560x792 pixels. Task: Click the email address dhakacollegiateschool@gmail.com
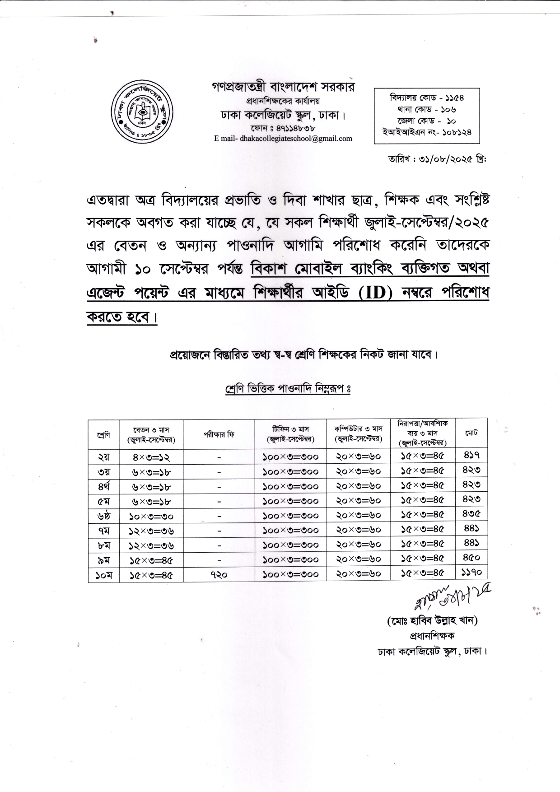point(283,139)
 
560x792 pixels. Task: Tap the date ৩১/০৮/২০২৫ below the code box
point(436,158)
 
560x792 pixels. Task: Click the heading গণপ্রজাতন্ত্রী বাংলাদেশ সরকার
point(283,87)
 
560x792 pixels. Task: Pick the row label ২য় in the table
point(103,457)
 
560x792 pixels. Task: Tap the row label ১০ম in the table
point(103,575)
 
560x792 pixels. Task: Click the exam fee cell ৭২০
point(219,575)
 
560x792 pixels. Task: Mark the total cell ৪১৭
point(471,455)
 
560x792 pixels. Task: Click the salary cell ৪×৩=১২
point(151,457)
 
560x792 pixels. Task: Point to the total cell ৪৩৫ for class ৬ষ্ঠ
point(471,513)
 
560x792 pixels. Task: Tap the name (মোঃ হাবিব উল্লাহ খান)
point(433,621)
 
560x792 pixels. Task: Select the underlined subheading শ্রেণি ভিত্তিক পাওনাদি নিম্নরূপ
point(287,389)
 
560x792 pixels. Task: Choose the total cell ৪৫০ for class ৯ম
point(471,558)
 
